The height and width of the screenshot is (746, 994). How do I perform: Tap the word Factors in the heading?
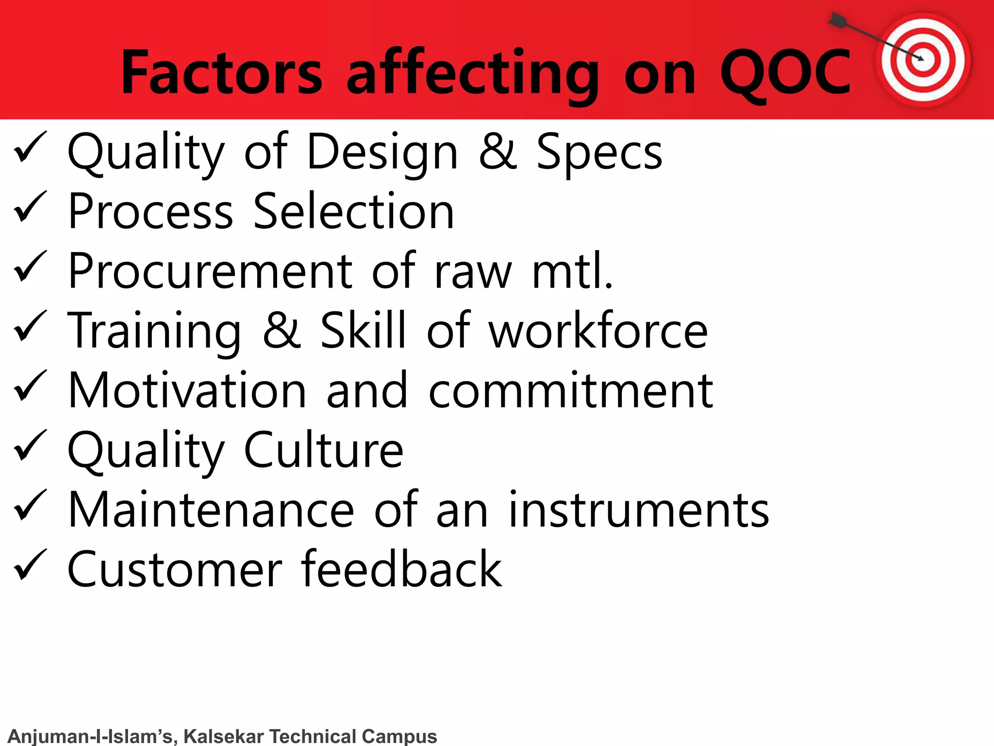tap(221, 73)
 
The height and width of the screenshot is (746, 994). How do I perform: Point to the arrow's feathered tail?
tap(838, 20)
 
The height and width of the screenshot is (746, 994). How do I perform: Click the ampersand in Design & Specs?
tap(497, 152)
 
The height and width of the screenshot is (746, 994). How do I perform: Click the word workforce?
tap(598, 331)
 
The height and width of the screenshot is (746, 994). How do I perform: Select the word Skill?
tap(363, 331)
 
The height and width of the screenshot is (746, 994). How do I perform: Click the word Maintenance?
tap(211, 509)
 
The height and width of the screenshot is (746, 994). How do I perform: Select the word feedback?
tap(401, 569)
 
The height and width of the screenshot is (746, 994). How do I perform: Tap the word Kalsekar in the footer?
tap(223, 736)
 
